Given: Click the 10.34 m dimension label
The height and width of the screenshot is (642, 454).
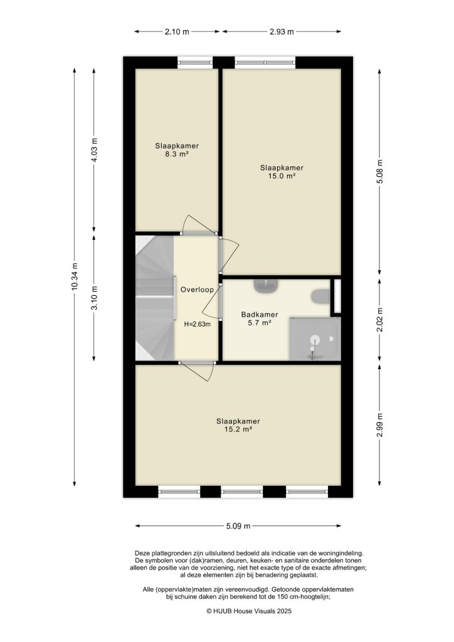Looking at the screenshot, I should pyautogui.click(x=75, y=276).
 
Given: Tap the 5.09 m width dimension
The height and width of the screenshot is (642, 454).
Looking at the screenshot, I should pyautogui.click(x=238, y=526).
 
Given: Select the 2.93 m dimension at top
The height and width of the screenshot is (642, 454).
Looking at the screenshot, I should pyautogui.click(x=282, y=31).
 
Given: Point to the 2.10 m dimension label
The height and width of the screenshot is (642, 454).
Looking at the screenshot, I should pyautogui.click(x=177, y=31).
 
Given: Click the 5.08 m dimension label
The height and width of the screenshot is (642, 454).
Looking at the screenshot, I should pyautogui.click(x=379, y=172).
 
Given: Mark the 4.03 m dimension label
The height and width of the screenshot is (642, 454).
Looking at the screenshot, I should pyautogui.click(x=95, y=150).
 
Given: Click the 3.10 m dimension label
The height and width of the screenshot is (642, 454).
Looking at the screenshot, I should pyautogui.click(x=95, y=298).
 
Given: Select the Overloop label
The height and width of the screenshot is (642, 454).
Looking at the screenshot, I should pyautogui.click(x=197, y=290).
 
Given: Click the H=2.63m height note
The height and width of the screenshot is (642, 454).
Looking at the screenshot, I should pyautogui.click(x=197, y=324).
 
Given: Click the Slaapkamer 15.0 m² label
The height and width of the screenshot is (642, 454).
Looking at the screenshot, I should pyautogui.click(x=282, y=172).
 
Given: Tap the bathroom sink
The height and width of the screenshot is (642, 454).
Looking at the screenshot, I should pyautogui.click(x=267, y=287).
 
